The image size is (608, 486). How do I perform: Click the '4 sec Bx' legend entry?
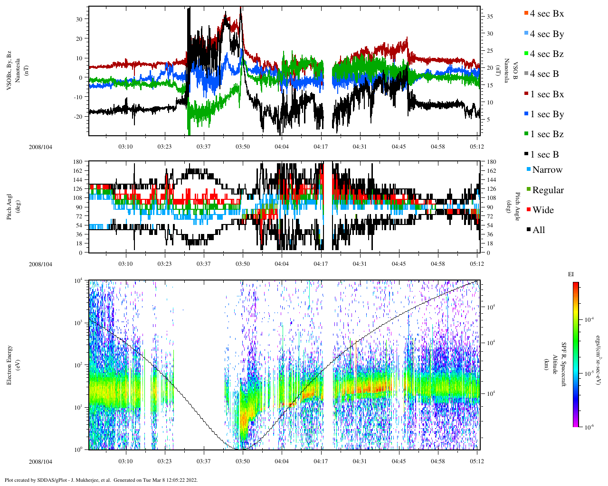tap(547, 14)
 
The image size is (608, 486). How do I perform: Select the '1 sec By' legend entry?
tap(547, 114)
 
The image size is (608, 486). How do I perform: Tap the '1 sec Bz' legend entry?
tap(547, 134)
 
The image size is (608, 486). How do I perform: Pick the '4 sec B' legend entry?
tap(544, 74)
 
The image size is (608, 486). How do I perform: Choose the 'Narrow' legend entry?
tap(547, 170)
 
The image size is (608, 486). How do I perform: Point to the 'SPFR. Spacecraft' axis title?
tap(564, 365)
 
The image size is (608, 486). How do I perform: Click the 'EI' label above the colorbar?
tap(571, 274)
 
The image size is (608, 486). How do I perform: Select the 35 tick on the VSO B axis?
tap(490, 17)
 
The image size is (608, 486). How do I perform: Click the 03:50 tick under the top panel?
tap(243, 147)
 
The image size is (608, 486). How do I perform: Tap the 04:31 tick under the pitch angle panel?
tap(360, 264)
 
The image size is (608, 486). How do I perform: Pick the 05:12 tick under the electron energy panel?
tap(477, 461)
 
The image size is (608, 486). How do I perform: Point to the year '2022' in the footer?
tap(192, 480)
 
